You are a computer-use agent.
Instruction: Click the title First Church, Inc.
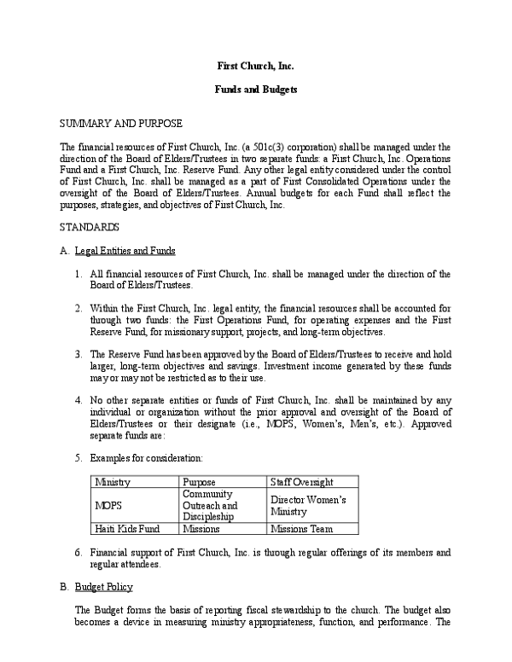point(255,66)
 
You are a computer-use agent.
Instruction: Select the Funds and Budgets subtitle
point(255,90)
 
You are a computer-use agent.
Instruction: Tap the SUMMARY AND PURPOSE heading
point(120,124)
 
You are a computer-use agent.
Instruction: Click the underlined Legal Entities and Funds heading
point(125,251)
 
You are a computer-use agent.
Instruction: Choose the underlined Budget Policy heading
point(103,588)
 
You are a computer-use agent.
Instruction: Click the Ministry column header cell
point(113,482)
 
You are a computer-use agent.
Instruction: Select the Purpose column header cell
point(199,482)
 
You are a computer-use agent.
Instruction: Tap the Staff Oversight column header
point(301,482)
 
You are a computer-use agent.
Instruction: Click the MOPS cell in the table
point(108,505)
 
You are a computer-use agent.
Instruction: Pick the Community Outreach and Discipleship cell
point(210,505)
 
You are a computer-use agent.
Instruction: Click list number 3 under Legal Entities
point(78,354)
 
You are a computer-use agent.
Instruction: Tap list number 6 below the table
point(78,553)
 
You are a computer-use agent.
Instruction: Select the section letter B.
point(63,588)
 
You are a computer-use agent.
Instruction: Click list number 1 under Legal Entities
point(78,274)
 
